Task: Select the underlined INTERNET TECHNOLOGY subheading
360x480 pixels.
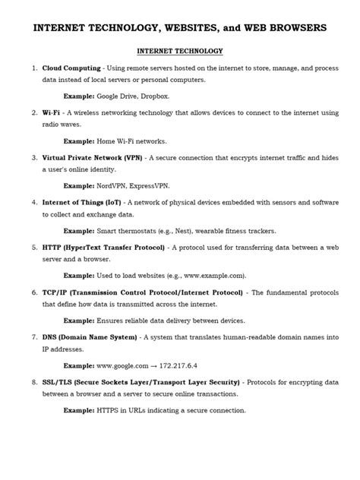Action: point(179,52)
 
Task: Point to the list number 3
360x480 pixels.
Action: point(34,157)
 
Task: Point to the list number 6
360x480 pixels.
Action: point(34,292)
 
